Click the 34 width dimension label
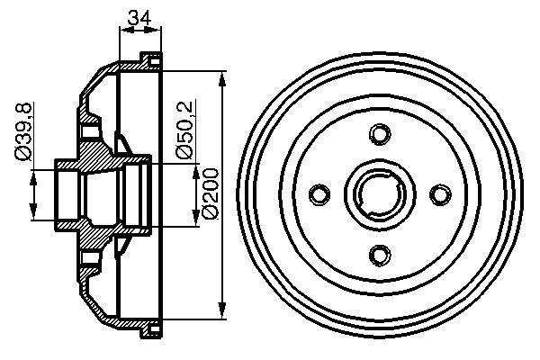(139, 16)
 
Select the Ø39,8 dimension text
(24, 133)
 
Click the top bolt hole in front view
(379, 134)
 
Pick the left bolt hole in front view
(319, 194)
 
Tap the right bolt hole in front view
(439, 194)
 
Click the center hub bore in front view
(379, 194)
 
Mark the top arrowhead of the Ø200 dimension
(222, 76)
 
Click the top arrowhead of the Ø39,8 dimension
(35, 174)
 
